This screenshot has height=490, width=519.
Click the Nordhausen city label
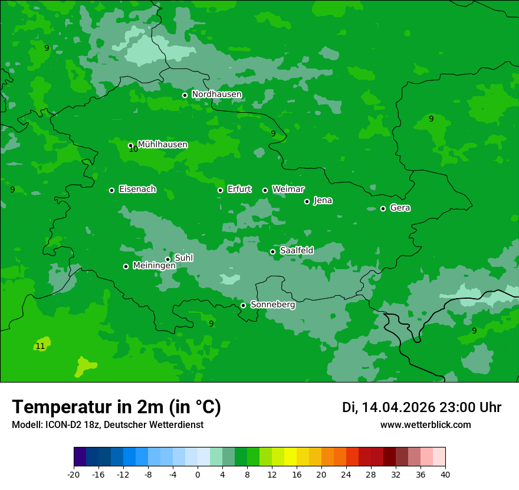click(216, 94)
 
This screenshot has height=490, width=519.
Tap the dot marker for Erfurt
click(220, 190)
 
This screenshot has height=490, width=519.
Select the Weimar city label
click(288, 189)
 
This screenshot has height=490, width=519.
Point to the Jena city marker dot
click(307, 201)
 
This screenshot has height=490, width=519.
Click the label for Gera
click(400, 208)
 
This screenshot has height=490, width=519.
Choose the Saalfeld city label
click(296, 250)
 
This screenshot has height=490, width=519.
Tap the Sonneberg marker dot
click(243, 305)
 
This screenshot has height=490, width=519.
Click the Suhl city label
click(183, 258)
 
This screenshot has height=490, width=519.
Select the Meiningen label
click(154, 266)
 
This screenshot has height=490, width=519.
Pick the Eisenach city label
click(137, 189)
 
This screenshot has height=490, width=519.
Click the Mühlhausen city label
click(162, 144)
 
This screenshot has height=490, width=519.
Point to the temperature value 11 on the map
click(40, 346)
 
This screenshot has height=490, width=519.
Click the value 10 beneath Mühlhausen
click(133, 149)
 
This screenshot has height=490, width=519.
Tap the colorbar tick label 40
click(445, 474)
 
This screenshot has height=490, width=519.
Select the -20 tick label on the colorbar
click(74, 474)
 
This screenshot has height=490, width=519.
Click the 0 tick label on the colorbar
click(198, 474)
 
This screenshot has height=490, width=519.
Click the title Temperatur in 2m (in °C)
click(116, 407)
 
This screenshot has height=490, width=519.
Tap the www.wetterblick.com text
click(425, 424)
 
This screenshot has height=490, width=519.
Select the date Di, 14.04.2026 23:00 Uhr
click(421, 407)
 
